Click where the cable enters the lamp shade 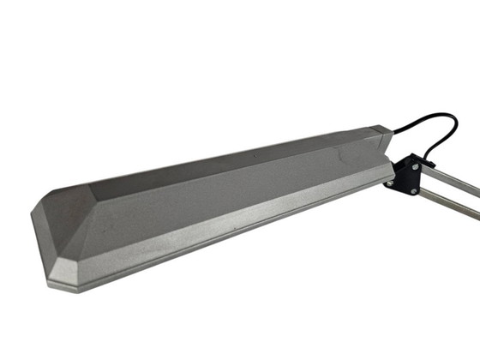(x=393, y=132)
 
